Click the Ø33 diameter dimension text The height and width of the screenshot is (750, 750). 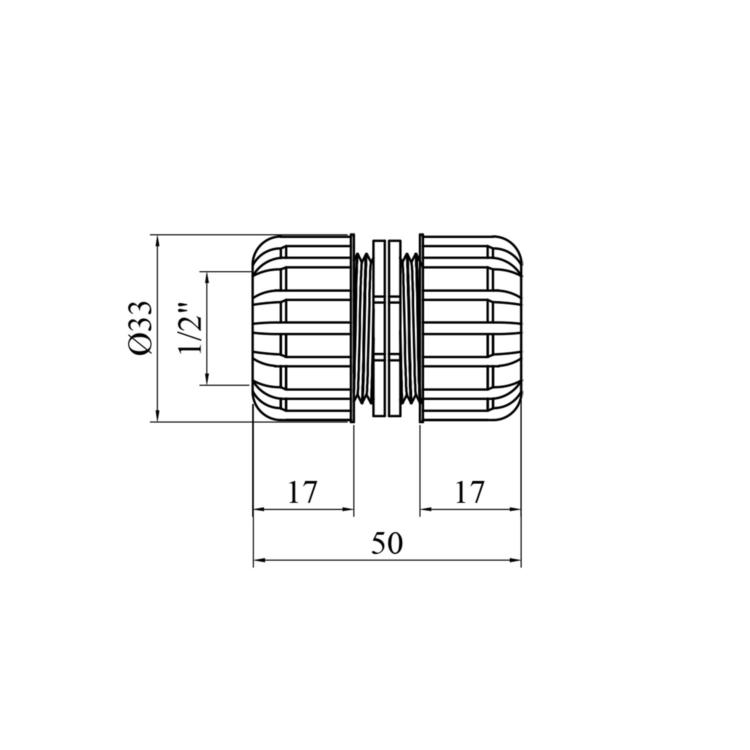139,328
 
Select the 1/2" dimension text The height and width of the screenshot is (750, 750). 190,328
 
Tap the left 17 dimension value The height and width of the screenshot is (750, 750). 302,492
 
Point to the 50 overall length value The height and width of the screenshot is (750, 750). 386,544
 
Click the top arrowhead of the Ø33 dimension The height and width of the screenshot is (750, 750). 157,240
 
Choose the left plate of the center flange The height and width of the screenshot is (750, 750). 379,328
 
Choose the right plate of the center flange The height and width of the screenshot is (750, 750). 394,328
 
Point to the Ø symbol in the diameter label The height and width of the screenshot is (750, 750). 139,345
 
